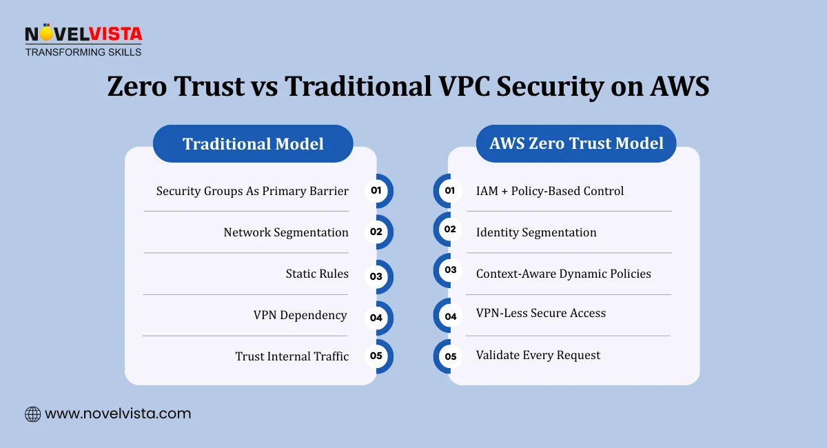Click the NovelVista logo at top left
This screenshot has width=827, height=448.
tap(83, 41)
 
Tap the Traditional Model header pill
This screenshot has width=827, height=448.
tap(253, 144)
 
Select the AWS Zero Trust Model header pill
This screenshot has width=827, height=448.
tap(576, 143)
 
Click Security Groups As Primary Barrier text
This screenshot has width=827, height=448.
tap(252, 191)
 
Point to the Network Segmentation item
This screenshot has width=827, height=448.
tap(286, 232)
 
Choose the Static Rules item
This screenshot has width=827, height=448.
tap(317, 274)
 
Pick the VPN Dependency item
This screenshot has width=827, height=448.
tap(300, 315)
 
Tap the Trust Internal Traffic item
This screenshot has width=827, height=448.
tap(292, 356)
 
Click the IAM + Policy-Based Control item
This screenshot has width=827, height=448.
tap(550, 191)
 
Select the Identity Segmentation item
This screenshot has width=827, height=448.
tap(536, 232)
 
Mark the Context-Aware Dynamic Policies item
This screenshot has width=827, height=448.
tap(564, 274)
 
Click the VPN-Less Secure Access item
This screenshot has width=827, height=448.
tap(541, 314)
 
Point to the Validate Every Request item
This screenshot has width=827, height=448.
tap(538, 356)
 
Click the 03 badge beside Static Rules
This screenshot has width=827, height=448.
tap(376, 276)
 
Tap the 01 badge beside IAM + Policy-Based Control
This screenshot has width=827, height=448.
tap(450, 190)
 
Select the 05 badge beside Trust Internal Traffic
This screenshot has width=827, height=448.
tap(376, 356)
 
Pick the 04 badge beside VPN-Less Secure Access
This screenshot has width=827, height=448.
tap(451, 316)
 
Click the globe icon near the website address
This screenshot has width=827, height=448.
tap(32, 414)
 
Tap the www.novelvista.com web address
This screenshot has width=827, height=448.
tap(118, 414)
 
